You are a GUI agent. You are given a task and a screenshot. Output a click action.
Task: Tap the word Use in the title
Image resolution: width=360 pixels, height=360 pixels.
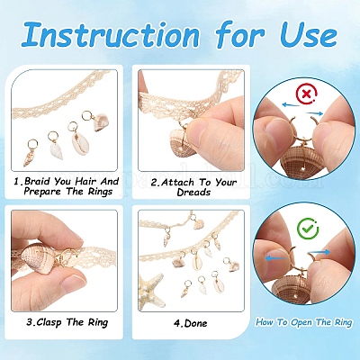click(309, 34)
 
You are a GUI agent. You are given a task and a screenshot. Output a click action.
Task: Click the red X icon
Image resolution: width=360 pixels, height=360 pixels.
click(306, 94)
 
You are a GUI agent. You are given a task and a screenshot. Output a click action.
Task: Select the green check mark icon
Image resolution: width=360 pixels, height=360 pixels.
click(308, 229)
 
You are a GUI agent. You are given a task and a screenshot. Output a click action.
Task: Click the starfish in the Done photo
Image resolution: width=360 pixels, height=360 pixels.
click(151, 290)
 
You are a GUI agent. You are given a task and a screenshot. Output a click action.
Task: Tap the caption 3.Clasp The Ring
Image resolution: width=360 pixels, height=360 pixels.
click(67, 322)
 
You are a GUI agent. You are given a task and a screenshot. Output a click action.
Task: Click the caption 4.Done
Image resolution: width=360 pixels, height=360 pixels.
click(190, 323)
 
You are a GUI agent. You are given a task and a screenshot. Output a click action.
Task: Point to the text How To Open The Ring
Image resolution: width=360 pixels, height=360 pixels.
click(303, 322)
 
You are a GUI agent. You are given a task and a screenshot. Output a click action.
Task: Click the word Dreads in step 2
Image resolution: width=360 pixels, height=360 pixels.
click(193, 192)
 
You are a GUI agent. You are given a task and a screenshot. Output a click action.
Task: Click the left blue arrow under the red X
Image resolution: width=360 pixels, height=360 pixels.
click(291, 105)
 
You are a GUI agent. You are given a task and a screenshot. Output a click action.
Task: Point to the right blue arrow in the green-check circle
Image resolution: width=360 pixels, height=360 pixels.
click(319, 253)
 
